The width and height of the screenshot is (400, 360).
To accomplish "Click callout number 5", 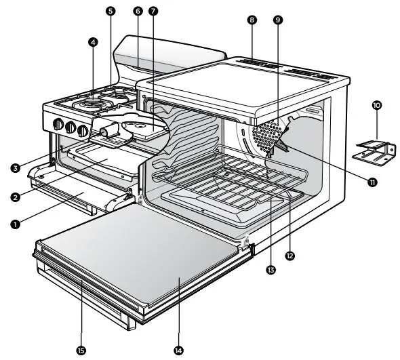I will pyautogui.click(x=111, y=12).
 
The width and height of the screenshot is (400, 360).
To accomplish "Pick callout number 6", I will pyautogui.click(x=138, y=12).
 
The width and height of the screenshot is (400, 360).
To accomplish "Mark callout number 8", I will pyautogui.click(x=252, y=20).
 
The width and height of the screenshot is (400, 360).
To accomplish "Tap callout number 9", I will pyautogui.click(x=277, y=20).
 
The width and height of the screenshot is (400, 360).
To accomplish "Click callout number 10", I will pyautogui.click(x=377, y=106).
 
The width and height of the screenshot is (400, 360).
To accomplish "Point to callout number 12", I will pyautogui.click(x=289, y=256).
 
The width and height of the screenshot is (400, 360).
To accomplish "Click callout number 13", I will pyautogui.click(x=271, y=270).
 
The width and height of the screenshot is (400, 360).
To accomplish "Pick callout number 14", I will pyautogui.click(x=178, y=351).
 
